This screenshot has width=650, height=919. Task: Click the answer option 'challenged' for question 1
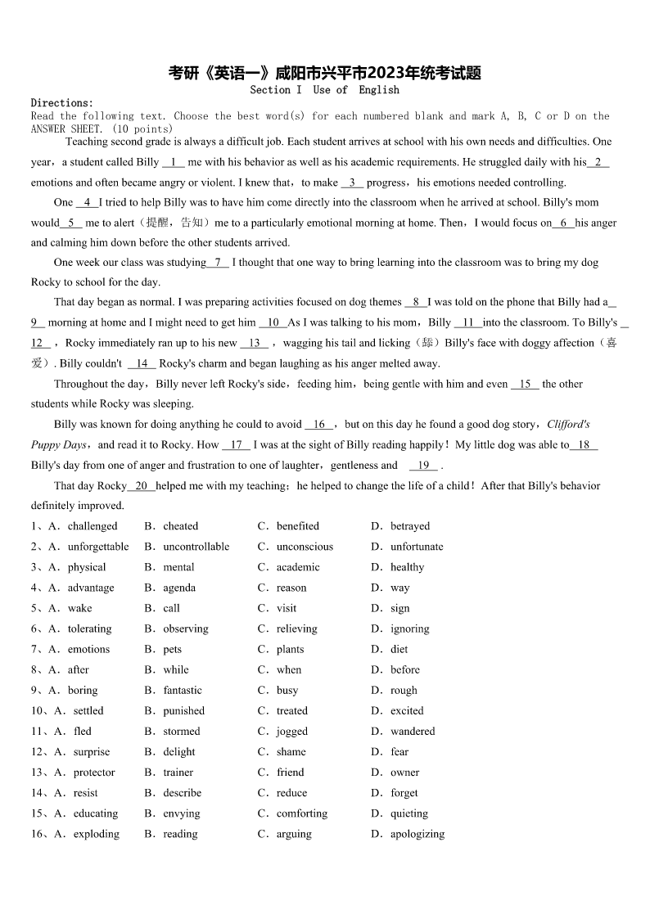(x=93, y=526)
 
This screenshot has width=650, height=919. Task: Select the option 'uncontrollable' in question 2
(x=196, y=547)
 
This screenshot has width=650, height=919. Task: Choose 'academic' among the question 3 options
(x=298, y=567)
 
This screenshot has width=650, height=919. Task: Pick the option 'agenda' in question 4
(x=179, y=588)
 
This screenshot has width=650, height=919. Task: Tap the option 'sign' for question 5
(x=400, y=608)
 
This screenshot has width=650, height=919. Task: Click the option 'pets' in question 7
(x=173, y=649)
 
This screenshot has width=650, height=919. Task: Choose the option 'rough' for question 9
(x=404, y=690)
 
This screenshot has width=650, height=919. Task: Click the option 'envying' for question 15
(x=181, y=813)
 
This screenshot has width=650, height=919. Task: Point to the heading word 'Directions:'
(x=62, y=103)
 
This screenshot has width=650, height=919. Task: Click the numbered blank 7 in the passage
(x=217, y=263)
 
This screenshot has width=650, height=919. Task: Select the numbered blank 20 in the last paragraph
(x=141, y=486)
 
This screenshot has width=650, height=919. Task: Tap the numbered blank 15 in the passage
(x=525, y=384)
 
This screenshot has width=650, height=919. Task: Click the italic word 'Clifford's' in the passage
(x=568, y=425)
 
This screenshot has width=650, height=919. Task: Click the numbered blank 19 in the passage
(x=423, y=466)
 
